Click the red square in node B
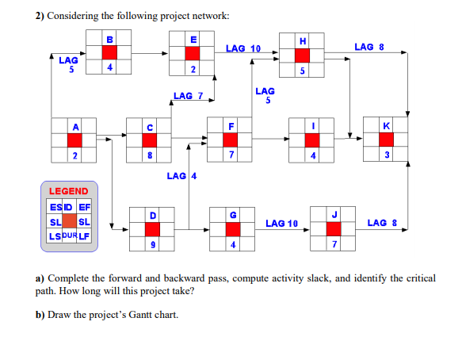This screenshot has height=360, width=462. [110, 52]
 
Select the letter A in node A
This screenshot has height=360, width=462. [75, 125]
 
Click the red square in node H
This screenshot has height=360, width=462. [302, 55]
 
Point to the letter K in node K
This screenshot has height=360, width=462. [386, 125]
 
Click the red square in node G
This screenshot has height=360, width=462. [232, 229]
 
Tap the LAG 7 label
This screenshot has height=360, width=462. [188, 97]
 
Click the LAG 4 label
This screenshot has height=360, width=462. [181, 175]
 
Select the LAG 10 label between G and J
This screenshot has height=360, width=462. [281, 224]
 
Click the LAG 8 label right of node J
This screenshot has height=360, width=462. [383, 224]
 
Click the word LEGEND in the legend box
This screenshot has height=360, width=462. [69, 191]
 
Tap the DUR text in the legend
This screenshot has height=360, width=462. [69, 236]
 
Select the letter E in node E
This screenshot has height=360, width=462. [192, 37]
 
